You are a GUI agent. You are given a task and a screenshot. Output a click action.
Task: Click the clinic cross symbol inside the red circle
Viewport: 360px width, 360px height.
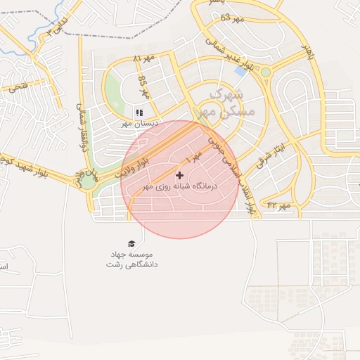(x=179, y=174)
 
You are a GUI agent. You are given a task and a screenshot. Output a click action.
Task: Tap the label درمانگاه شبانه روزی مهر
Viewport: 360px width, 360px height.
(x=181, y=187)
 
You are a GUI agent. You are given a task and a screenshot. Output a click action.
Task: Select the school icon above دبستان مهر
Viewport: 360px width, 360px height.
(x=139, y=112)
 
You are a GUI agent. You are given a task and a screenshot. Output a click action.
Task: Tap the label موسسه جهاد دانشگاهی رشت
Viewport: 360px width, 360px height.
(x=132, y=259)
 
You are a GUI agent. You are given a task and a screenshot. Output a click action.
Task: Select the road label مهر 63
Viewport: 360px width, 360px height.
(x=231, y=18)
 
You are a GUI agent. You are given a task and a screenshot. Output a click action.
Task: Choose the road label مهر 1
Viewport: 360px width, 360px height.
(x=194, y=153)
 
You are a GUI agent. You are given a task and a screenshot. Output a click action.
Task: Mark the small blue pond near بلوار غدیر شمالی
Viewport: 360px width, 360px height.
(x=241, y=71)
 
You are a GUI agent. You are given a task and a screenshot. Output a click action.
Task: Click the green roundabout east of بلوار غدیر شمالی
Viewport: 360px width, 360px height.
(x=266, y=72)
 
